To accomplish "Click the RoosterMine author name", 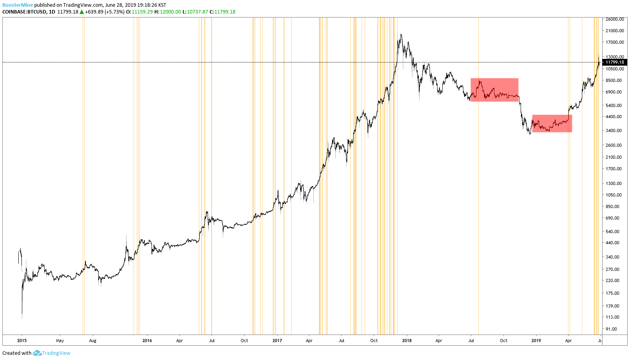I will tap(17, 5).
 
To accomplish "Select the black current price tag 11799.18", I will tap(614, 62).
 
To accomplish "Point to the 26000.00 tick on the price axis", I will tap(614, 19).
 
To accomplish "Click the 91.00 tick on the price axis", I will tap(611, 329).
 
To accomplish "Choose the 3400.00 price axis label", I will tap(613, 130).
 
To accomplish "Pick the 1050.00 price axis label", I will tap(613, 195).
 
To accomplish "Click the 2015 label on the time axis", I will tap(22, 341).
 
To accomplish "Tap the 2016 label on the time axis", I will tap(147, 341).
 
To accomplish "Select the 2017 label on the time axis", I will tap(277, 341).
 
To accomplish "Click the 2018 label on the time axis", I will tap(407, 341).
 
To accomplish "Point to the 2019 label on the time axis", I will tap(536, 341).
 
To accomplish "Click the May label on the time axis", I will tap(60, 341).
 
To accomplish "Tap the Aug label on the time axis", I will tap(93, 341).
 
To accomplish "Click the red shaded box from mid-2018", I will tap(494, 90).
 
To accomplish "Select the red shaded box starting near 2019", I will tap(552, 123).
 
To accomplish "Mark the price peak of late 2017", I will tap(401, 35).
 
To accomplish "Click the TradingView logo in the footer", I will tap(52, 353).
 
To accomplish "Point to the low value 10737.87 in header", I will tap(197, 12).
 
